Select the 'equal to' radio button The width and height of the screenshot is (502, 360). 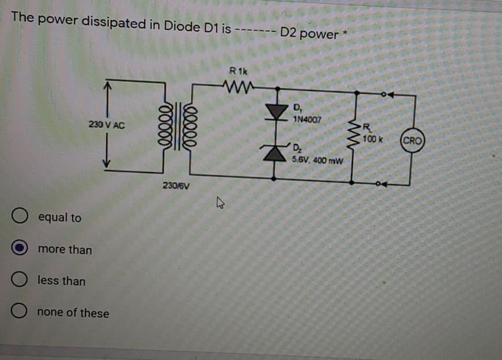(20, 217)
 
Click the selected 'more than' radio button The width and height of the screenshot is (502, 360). (20, 249)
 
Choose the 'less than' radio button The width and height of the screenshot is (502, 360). (20, 281)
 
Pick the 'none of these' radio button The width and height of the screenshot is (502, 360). (20, 312)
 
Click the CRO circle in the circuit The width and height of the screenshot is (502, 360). (413, 140)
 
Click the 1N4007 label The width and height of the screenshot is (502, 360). (306, 119)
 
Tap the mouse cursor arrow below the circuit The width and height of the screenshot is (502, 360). (220, 202)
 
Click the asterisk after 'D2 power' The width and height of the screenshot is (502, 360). (345, 29)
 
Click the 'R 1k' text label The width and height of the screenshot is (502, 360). (237, 72)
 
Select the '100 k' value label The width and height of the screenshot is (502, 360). (374, 140)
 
